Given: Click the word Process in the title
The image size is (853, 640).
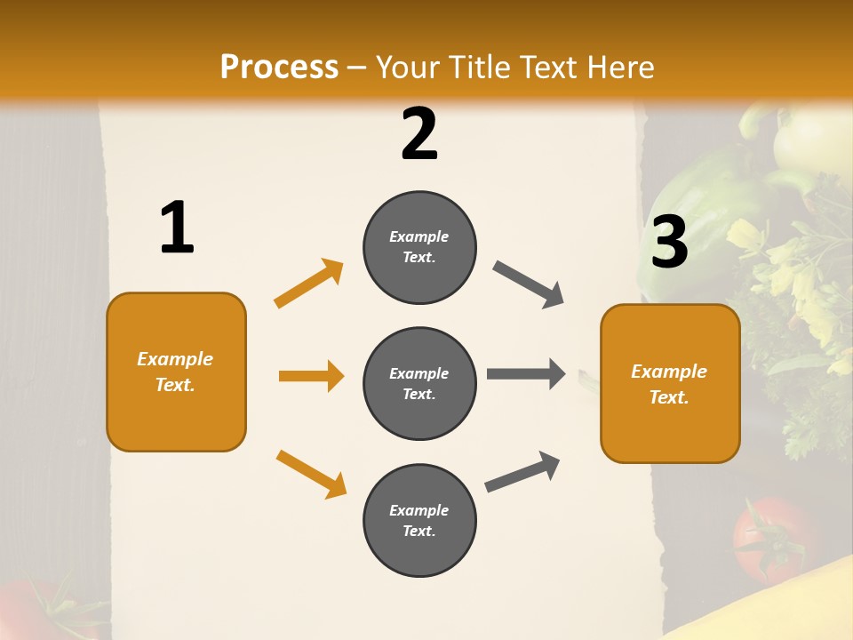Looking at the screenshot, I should click(x=279, y=68).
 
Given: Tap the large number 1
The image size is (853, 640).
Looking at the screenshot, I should click(x=177, y=228).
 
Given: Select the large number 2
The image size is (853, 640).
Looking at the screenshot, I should click(x=419, y=134).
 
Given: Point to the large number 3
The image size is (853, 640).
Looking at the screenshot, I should click(x=669, y=242).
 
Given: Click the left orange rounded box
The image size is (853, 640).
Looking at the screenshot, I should click(x=176, y=372).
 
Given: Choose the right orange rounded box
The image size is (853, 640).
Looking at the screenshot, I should click(x=670, y=384).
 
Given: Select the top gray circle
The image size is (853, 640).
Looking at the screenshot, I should click(x=419, y=247).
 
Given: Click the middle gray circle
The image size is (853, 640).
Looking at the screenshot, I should click(x=419, y=384).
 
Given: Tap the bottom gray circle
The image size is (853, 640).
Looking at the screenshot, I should click(x=419, y=521).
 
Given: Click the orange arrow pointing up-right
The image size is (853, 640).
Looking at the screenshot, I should click(x=309, y=283).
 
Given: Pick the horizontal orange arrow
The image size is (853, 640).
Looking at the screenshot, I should click(x=311, y=376).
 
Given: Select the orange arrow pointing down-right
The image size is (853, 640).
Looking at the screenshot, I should click(x=311, y=473).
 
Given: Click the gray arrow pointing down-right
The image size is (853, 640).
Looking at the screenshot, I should click(x=529, y=284).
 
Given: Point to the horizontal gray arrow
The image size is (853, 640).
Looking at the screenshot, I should click(x=526, y=374).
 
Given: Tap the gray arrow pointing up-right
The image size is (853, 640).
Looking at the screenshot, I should click(x=523, y=471).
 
